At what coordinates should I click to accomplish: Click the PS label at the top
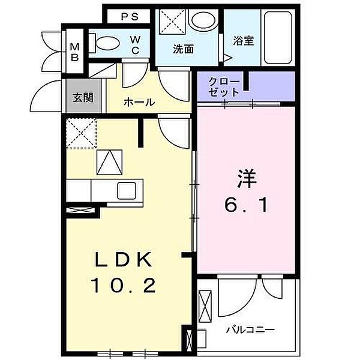click(130, 17)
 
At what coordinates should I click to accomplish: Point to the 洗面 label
click(183, 50)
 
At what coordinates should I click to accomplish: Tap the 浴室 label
click(244, 41)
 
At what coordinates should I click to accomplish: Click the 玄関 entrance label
click(83, 98)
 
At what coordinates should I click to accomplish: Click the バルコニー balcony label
click(250, 330)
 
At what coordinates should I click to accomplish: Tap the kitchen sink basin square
click(128, 191)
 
